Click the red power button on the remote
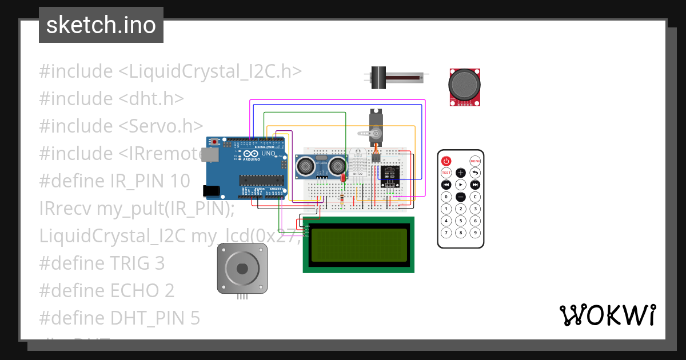click(x=446, y=161)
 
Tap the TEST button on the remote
click(x=446, y=173)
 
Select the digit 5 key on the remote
click(x=461, y=221)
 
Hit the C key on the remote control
click(x=475, y=197)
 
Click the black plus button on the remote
click(x=461, y=173)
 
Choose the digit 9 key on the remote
click(x=475, y=233)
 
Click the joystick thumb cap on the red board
click(x=464, y=85)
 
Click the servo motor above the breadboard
click(x=375, y=126)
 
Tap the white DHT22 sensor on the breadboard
click(x=360, y=163)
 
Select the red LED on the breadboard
click(x=342, y=178)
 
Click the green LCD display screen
click(x=358, y=245)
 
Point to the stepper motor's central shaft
click(x=242, y=268)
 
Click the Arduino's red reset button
click(x=214, y=142)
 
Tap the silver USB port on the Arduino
click(x=212, y=154)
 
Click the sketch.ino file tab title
click(x=101, y=25)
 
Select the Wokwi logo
click(x=607, y=315)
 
